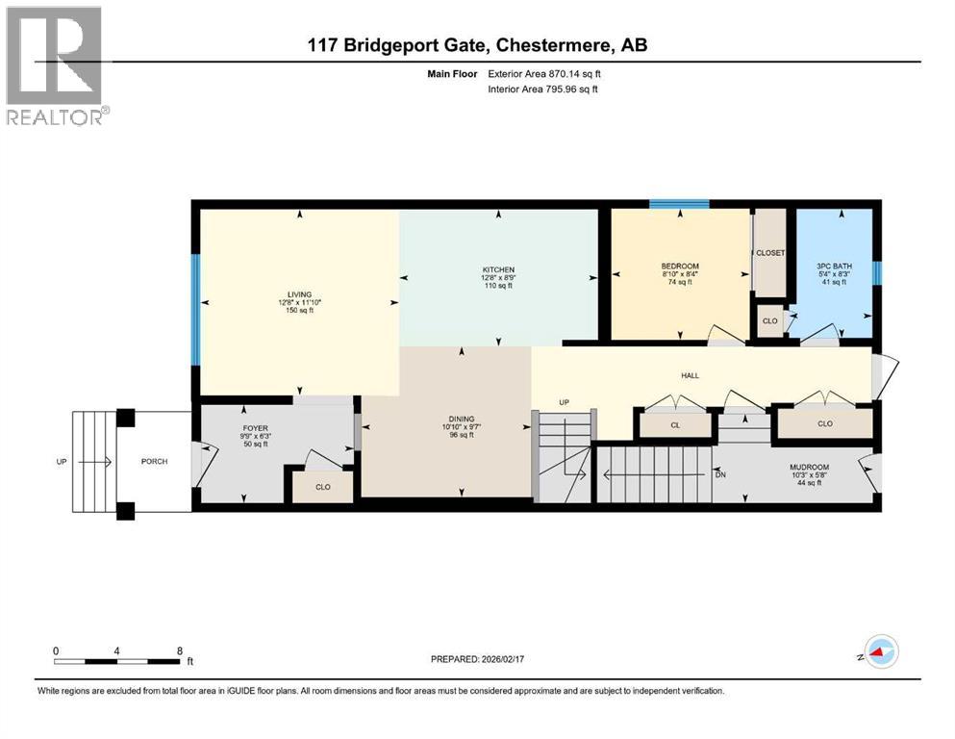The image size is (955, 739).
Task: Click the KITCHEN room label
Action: tap(498, 269)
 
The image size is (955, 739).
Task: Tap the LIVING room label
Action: tap(299, 295)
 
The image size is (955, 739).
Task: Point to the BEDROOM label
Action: tap(679, 267)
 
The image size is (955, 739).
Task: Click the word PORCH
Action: tap(154, 462)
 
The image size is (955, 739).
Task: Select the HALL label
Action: tap(688, 375)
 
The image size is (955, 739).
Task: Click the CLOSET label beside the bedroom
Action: tap(769, 253)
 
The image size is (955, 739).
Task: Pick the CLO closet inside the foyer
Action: tap(323, 487)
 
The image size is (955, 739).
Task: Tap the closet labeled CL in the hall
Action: tap(675, 423)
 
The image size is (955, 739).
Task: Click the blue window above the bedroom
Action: tap(679, 204)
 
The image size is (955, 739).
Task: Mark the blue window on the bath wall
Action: tap(876, 273)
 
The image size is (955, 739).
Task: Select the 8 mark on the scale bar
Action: tap(180, 650)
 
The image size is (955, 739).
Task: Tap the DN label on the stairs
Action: tap(720, 473)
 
